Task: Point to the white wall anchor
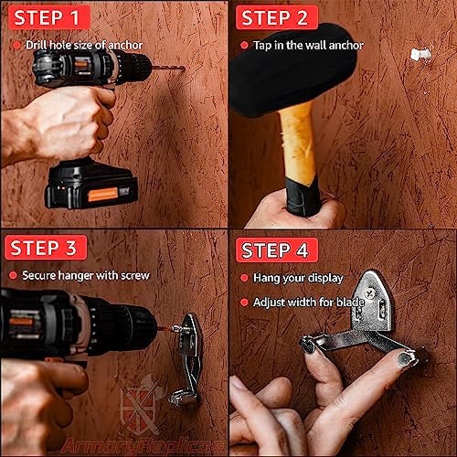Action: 420,54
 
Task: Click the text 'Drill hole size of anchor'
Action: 84,45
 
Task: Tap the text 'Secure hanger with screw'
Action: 85,276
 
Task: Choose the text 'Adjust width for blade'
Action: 308,302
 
